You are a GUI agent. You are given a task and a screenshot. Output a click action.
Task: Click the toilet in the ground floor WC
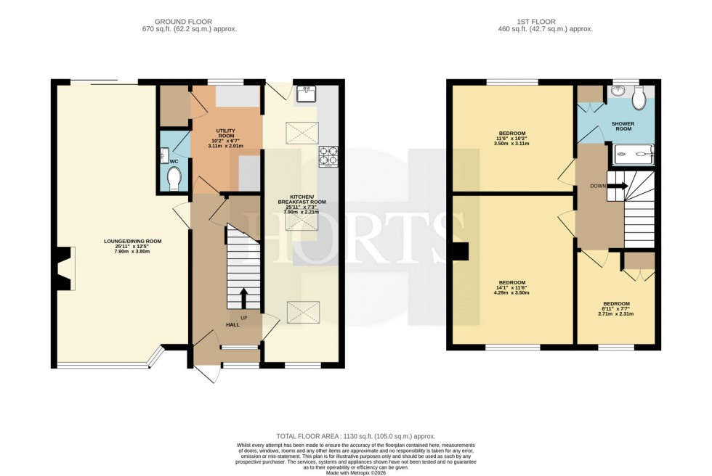tap(174, 178)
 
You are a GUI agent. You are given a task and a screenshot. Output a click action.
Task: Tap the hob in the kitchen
tap(328, 155)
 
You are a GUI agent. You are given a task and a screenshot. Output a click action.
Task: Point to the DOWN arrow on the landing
tap(618, 186)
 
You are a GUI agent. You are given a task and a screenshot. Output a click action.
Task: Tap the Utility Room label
tap(225, 137)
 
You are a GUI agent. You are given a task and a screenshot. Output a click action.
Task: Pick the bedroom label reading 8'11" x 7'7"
tap(615, 308)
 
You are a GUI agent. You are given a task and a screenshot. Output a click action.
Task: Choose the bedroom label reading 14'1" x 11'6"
tap(513, 287)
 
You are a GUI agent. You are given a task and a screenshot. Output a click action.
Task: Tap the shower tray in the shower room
tap(634, 153)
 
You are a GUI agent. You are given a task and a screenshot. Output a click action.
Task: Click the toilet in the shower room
tap(640, 99)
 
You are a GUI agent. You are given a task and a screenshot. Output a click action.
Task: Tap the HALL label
tap(232, 324)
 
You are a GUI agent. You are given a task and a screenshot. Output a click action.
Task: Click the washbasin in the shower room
tap(618, 91)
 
